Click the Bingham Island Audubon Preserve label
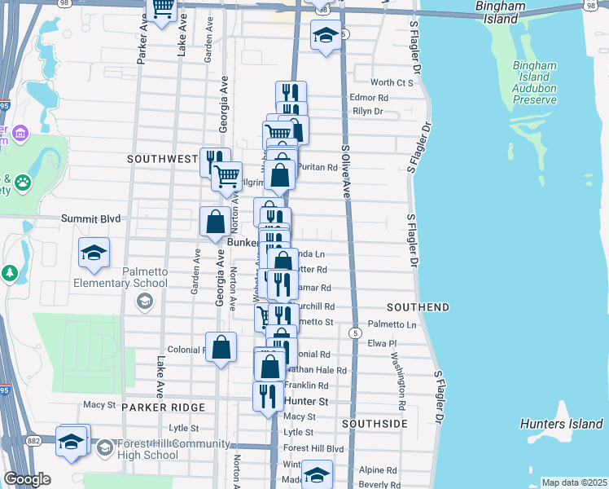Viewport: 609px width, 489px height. pos(534,82)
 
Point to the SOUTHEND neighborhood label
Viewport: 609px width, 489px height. pos(418,307)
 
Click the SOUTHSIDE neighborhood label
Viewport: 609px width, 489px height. pos(375,424)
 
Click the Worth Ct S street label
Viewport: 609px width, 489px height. pos(392,82)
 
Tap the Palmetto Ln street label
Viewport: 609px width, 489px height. pos(392,324)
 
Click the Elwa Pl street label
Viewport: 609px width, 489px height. pos(381,343)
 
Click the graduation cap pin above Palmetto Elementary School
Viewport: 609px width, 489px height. pos(94,253)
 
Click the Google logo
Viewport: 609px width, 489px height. pos(27,479)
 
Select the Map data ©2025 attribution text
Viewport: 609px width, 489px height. pos(573,482)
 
